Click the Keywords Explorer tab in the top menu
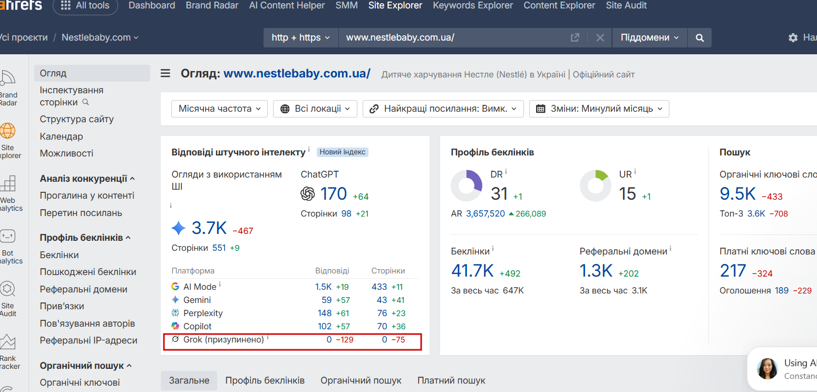(x=473, y=5)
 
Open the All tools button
(x=85, y=5)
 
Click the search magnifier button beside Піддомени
(x=699, y=37)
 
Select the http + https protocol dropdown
(x=301, y=37)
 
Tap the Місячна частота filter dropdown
(x=220, y=109)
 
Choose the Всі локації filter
(x=315, y=109)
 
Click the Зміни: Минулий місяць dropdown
(x=599, y=109)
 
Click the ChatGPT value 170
(x=333, y=194)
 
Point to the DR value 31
(x=499, y=194)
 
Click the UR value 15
(x=627, y=194)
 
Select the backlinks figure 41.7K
(x=472, y=271)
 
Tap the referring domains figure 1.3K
(x=596, y=271)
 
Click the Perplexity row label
(x=203, y=313)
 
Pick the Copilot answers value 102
(x=325, y=326)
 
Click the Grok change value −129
(x=344, y=340)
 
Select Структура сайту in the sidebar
(x=76, y=119)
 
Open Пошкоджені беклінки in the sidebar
(x=88, y=272)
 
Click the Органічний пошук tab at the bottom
(x=361, y=380)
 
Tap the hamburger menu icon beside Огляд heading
(x=165, y=73)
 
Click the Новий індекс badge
(x=343, y=152)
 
